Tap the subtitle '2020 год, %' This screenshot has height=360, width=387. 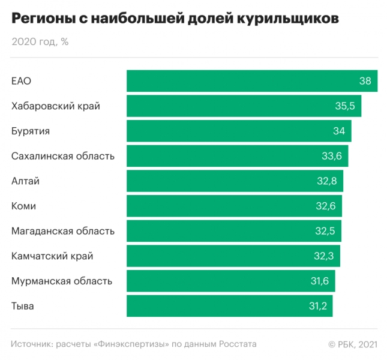(40, 42)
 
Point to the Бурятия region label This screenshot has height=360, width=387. (31, 131)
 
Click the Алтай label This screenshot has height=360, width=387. (25, 181)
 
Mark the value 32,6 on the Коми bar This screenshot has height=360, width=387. (325, 206)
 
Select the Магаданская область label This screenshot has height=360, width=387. (63, 231)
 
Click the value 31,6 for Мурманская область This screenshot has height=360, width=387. (319, 281)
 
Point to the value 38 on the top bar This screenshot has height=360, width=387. (365, 81)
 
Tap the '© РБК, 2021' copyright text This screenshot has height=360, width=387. (352, 344)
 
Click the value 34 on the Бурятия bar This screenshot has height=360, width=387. (339, 131)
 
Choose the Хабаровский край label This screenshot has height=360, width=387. (56, 106)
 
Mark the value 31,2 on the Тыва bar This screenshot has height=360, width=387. (317, 306)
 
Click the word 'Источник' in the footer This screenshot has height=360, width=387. (31, 344)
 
